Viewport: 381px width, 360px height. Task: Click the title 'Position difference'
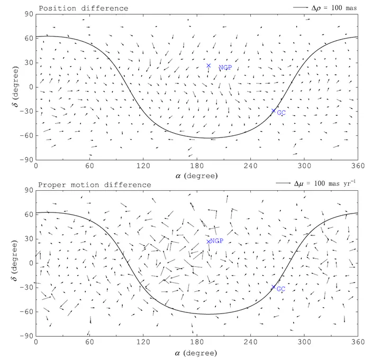coord(83,8)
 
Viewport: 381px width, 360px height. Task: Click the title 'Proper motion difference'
coord(95,184)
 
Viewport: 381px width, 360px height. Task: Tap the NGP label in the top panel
coord(225,68)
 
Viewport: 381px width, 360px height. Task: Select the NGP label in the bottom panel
coord(216,241)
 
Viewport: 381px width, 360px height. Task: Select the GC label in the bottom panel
coord(281,289)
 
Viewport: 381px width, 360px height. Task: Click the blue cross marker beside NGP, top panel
coord(208,66)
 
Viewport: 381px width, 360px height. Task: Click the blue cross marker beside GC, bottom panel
coord(274,287)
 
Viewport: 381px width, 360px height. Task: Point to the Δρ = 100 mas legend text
coord(335,8)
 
